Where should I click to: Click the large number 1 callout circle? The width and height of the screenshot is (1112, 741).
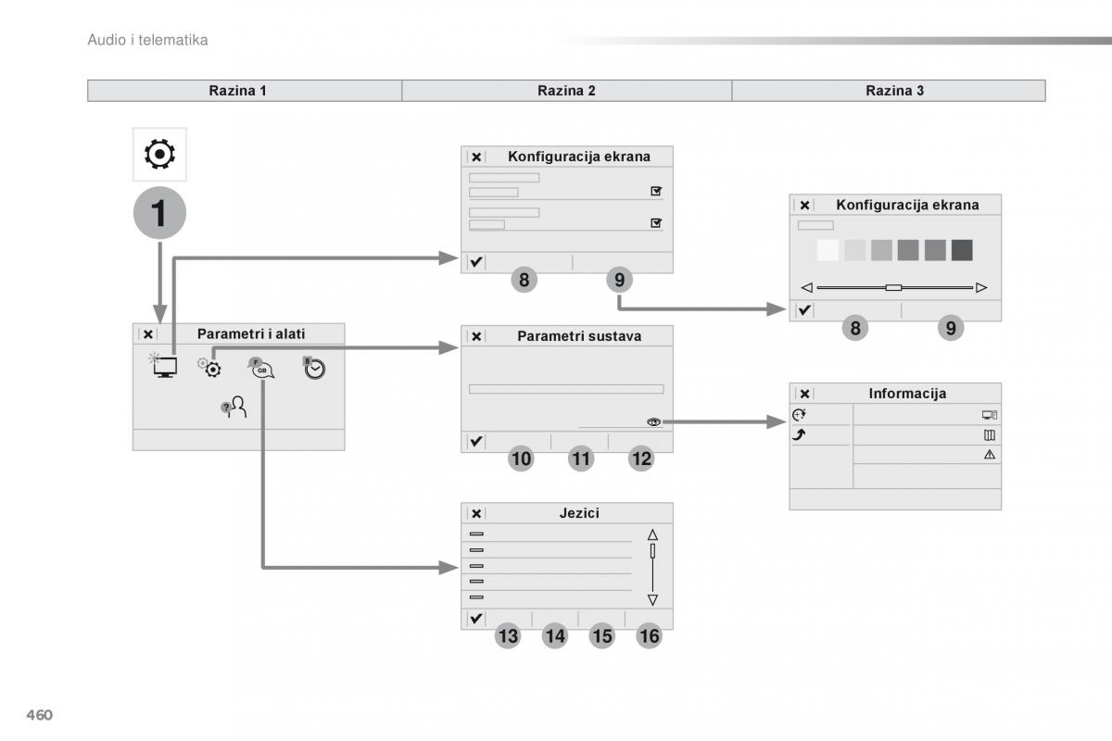tap(159, 214)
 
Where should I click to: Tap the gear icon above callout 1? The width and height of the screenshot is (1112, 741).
tap(159, 154)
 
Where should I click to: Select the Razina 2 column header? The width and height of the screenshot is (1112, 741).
tap(566, 91)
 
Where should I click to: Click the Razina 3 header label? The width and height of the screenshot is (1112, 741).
tap(894, 91)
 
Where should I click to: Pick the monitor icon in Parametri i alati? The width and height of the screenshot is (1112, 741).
tap(165, 366)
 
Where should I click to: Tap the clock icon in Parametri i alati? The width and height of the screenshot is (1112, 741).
tap(314, 368)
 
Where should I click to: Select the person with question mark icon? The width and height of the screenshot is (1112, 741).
tap(234, 408)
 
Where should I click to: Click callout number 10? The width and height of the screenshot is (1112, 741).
tap(521, 458)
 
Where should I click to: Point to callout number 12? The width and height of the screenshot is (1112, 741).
tap(640, 458)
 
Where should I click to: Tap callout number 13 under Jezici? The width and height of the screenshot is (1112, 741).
tap(508, 635)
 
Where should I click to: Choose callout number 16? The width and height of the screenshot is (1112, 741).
tap(649, 635)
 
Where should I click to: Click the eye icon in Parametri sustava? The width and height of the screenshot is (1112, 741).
tap(654, 422)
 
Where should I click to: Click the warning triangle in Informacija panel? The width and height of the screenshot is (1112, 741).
tap(990, 454)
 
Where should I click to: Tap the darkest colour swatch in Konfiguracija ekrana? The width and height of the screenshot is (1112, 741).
tap(962, 250)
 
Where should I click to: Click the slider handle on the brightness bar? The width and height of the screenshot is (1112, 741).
tap(893, 287)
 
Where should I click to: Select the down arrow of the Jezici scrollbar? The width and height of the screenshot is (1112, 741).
tap(652, 599)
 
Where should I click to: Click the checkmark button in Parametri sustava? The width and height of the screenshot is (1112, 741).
tap(475, 442)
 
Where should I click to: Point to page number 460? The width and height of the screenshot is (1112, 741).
tap(38, 715)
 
